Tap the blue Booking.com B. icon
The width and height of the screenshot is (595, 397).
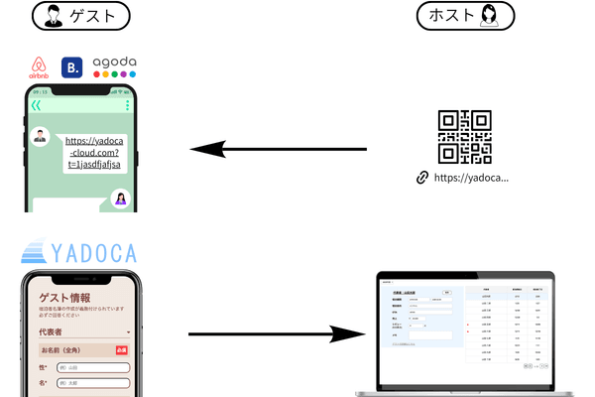coord(72,67)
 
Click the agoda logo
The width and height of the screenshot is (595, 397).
coord(114,66)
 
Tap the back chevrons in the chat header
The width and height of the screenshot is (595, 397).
coord(36,105)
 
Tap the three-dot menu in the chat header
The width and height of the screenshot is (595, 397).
coord(127,105)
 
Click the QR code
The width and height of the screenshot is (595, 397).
coord(465,136)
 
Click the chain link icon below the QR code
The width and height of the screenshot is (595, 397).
coord(422,179)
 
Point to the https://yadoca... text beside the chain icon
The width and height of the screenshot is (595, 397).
coord(471,179)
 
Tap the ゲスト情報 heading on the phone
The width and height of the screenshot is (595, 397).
coord(64,298)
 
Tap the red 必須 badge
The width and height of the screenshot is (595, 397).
coord(123,349)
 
